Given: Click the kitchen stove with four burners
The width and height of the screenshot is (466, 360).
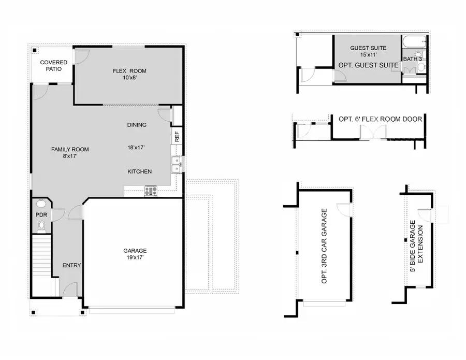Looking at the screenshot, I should tap(151, 191).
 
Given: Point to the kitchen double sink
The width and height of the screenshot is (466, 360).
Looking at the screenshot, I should tap(177, 164).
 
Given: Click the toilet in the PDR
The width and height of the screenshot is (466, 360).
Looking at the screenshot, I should tap(41, 226).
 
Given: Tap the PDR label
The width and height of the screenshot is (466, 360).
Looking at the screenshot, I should tap(41, 214).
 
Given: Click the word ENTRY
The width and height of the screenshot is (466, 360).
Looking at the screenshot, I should tap(71, 265).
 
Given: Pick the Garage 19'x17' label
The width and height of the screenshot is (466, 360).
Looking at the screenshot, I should tap(135, 253).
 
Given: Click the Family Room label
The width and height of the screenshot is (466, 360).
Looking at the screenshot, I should tap(70, 152).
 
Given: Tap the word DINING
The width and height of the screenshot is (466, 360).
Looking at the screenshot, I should tap(137, 125).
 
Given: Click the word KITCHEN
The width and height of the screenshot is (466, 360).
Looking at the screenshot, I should tap(140, 171).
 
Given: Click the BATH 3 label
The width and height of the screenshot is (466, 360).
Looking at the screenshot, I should tap(413, 59).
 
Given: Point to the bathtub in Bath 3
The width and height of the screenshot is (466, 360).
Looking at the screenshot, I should tap(414, 41).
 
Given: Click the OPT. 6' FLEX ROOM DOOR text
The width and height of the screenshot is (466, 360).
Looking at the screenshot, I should tap(380, 119).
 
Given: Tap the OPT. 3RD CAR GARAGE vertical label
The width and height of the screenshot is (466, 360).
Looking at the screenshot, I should tap(325, 246).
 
